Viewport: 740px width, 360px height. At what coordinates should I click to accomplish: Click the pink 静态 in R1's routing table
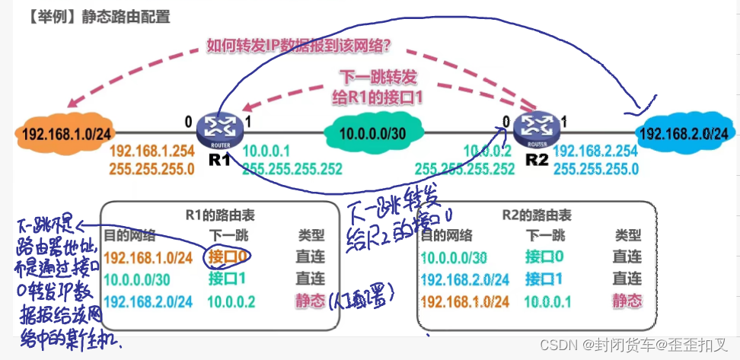[311, 301]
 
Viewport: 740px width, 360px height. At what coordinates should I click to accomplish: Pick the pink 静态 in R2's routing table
[627, 301]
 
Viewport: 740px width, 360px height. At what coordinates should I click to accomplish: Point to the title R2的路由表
[537, 215]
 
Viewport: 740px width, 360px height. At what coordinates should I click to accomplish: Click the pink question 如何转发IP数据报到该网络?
[298, 45]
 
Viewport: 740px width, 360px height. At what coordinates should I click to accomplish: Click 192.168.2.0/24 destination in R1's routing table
[149, 301]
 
